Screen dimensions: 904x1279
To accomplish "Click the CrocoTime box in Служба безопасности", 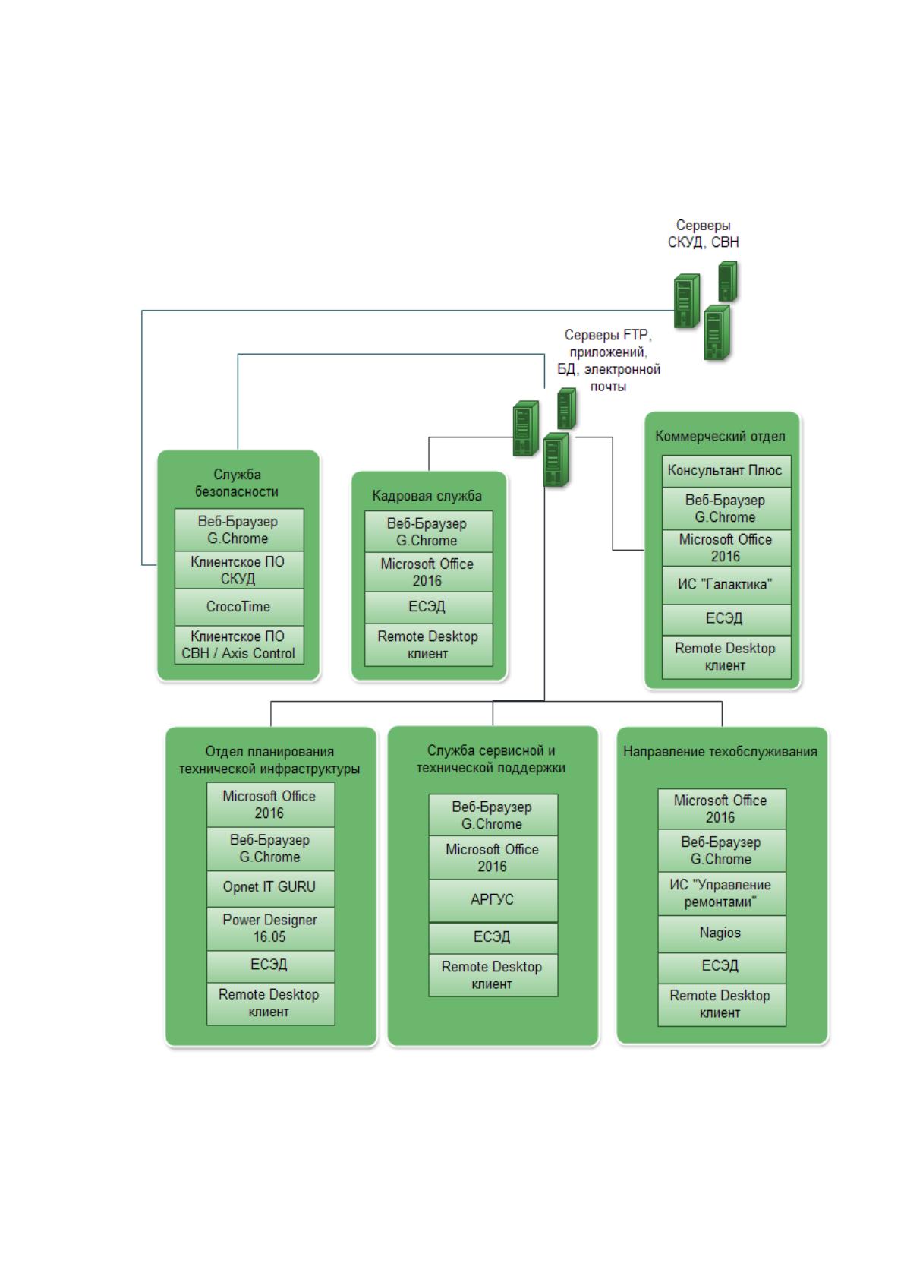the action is click(x=238, y=607).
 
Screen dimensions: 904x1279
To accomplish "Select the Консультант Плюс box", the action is click(x=726, y=471).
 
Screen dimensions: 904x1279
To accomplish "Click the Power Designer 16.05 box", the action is click(x=270, y=928).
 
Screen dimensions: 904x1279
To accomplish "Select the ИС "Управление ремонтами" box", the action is click(x=721, y=894).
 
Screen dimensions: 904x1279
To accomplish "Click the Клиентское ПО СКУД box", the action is click(x=238, y=570).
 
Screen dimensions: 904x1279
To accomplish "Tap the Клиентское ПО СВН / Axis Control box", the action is click(x=238, y=646).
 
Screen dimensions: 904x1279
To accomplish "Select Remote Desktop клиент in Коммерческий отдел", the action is click(x=726, y=657).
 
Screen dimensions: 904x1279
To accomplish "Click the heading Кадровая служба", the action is click(x=427, y=496).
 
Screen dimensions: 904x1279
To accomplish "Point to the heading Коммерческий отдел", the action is click(x=720, y=436).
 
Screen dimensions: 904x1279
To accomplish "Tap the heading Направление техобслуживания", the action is click(x=720, y=751).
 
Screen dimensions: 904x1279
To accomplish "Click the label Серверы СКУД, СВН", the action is click(x=703, y=233).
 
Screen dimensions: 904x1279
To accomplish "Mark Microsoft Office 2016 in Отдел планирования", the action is click(x=270, y=804).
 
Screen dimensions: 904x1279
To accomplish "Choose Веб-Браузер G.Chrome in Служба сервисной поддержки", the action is click(x=493, y=816).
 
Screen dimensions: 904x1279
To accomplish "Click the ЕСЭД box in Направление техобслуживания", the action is click(x=721, y=968).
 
